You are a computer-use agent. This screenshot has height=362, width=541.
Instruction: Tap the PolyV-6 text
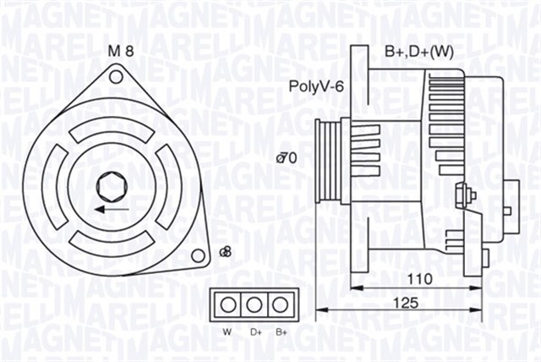click(x=316, y=85)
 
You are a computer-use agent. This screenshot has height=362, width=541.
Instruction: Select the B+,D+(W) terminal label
click(x=419, y=52)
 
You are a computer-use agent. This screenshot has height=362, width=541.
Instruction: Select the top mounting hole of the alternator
click(x=116, y=77)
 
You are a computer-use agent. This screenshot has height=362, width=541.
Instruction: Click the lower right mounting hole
click(x=198, y=255)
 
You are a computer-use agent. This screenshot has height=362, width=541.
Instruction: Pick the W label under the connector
click(x=227, y=332)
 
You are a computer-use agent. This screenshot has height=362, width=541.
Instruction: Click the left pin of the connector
click(x=227, y=304)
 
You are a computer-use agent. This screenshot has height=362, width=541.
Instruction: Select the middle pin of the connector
click(x=253, y=304)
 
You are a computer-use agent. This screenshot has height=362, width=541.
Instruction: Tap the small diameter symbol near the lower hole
click(x=225, y=251)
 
